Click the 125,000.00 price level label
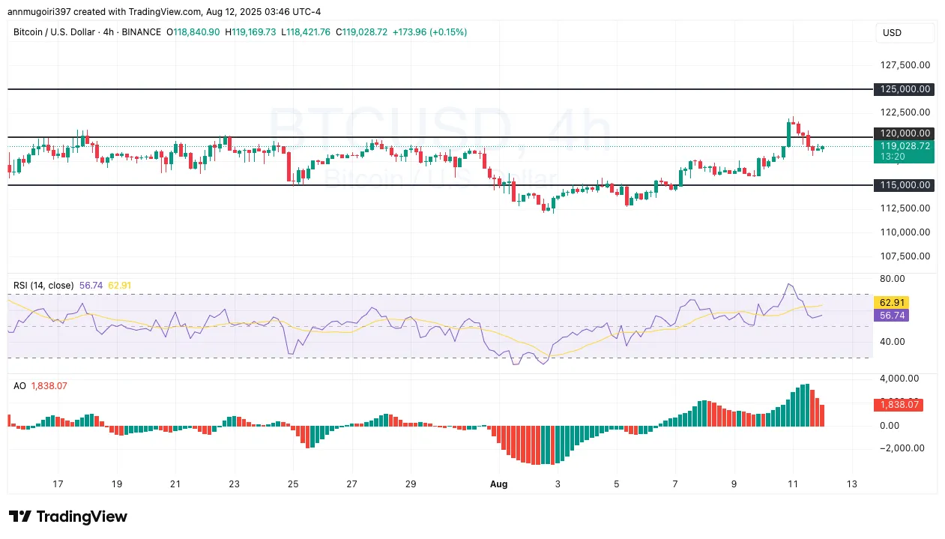coord(904,89)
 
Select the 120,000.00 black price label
coord(904,133)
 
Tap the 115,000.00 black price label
coord(904,185)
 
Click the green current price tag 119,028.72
coord(904,146)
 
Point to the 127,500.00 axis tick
coord(904,64)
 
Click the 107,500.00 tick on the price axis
coord(904,256)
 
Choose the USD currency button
coord(905,33)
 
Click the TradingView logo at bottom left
coord(68,517)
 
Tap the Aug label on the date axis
coord(498,484)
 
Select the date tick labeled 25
coord(293,484)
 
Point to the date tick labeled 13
coord(851,484)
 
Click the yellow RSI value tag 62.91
coord(890,303)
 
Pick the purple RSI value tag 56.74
coord(890,316)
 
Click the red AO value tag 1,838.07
coord(899,405)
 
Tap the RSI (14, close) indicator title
coord(43,285)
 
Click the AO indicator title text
coord(19,385)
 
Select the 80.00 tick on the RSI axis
coord(892,279)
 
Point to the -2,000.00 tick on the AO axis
coord(902,448)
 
